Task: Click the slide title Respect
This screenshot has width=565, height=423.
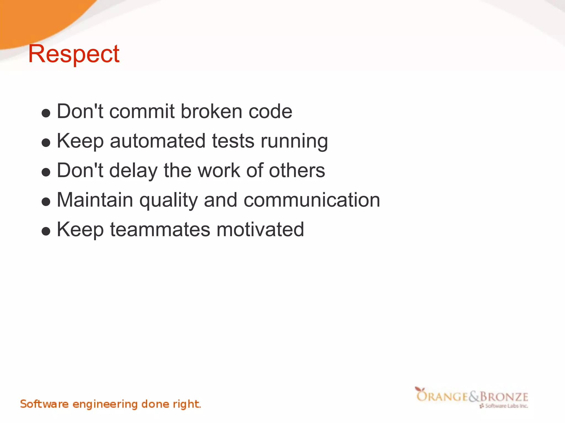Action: [x=74, y=54]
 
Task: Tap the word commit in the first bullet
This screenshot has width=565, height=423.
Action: [x=142, y=112]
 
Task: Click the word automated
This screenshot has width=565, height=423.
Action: [x=158, y=141]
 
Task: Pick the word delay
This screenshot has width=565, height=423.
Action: [x=133, y=171]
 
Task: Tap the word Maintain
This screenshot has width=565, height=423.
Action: [x=95, y=200]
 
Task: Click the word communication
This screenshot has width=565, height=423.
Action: [x=312, y=200]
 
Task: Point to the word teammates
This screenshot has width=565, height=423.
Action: [x=160, y=230]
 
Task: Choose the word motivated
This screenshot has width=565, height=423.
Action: [x=260, y=230]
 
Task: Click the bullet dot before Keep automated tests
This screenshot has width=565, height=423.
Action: [x=46, y=143]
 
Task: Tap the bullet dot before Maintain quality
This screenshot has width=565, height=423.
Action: [x=46, y=202]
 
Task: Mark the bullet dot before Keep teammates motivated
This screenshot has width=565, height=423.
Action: [x=46, y=231]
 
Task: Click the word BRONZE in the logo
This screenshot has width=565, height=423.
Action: [x=504, y=397]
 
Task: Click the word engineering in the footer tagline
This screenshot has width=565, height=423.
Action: [x=105, y=404]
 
